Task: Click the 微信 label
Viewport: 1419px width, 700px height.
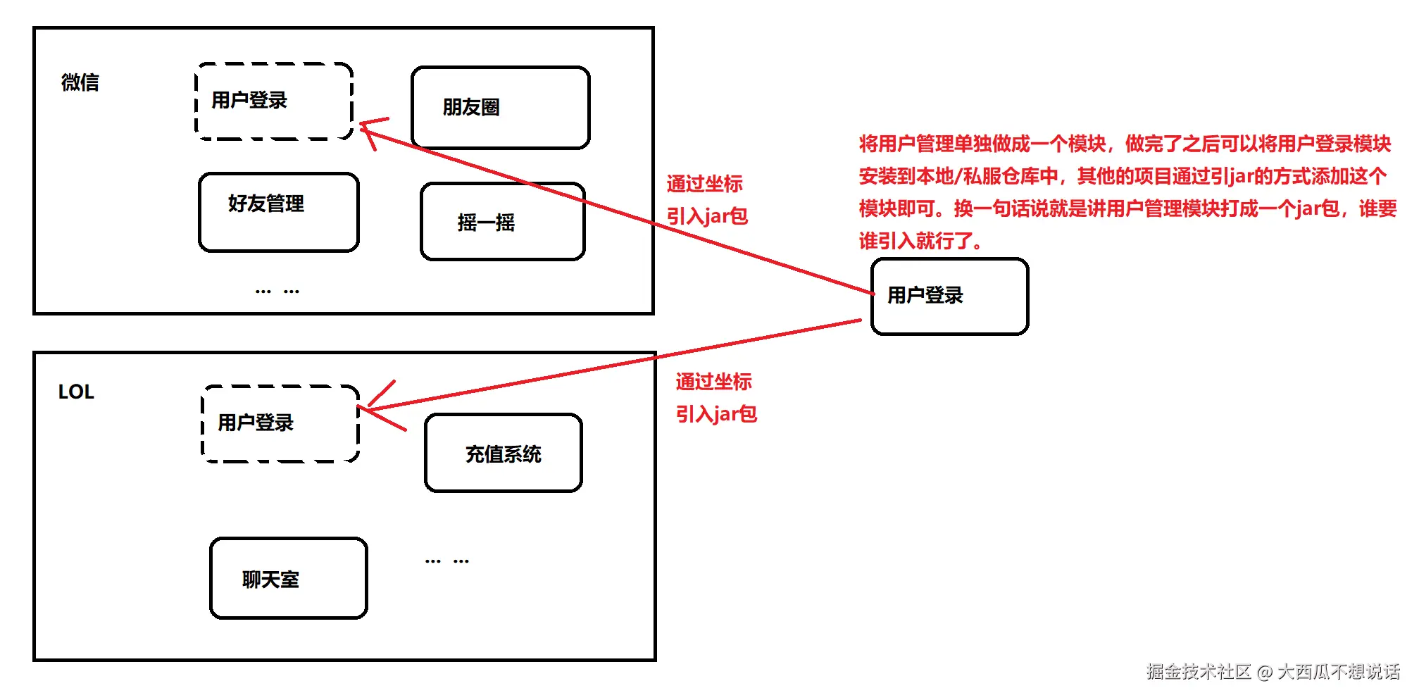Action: point(80,82)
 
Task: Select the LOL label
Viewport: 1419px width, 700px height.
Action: point(76,392)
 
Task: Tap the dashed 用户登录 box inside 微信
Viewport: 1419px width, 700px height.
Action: point(273,101)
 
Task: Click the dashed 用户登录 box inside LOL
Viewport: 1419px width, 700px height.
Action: point(280,423)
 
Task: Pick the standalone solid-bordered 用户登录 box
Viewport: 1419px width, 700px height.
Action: point(949,296)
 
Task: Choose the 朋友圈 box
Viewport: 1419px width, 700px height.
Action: point(500,108)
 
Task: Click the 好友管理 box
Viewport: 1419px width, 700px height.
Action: point(279,212)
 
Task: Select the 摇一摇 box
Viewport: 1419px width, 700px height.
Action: point(502,222)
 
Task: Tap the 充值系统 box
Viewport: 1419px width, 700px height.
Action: point(503,453)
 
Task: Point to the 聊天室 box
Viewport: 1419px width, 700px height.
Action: point(288,578)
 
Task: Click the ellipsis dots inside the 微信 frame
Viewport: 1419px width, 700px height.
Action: point(277,291)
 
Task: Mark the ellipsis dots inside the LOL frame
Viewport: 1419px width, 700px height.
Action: point(446,561)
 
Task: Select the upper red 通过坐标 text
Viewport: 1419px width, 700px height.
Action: point(704,184)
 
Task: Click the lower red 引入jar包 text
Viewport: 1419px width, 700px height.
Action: point(716,414)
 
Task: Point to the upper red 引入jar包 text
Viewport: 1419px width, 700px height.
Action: point(707,216)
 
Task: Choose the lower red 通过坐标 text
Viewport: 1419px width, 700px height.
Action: point(713,382)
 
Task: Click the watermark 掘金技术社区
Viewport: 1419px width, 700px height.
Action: point(1198,672)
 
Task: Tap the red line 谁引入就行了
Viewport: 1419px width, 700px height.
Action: point(920,241)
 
